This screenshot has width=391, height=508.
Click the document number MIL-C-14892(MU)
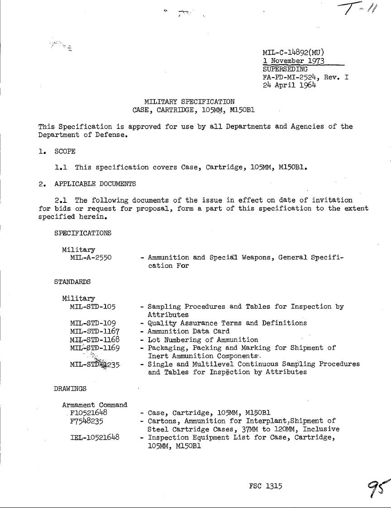(x=293, y=53)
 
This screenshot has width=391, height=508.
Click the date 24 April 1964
(x=289, y=85)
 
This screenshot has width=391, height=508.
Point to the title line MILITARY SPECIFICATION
(x=189, y=101)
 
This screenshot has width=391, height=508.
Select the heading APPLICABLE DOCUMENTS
(x=95, y=184)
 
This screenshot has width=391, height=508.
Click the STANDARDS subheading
(x=72, y=282)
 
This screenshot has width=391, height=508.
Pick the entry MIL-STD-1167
(x=95, y=331)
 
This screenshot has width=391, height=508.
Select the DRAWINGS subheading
(x=70, y=388)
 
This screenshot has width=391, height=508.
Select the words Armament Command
(x=95, y=404)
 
